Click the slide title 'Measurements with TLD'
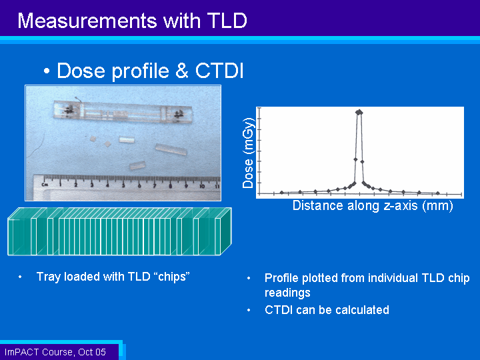pos(132,21)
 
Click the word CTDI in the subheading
pos(219,71)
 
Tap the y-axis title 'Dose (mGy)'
pos(248,153)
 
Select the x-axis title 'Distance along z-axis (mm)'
pos(373,205)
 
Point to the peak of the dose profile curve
pos(359,112)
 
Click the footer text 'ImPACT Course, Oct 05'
pos(55,352)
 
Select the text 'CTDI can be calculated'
pos(327,310)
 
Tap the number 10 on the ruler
pos(202,186)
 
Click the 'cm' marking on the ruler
pos(45,184)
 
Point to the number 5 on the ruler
pos(123,185)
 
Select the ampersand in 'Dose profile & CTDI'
pos(182,71)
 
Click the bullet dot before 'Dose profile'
pos(47,71)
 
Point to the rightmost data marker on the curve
pos(438,193)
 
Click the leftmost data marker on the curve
pos(282,193)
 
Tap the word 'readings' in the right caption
pos(287,293)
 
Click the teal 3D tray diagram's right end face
pos(226,231)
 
